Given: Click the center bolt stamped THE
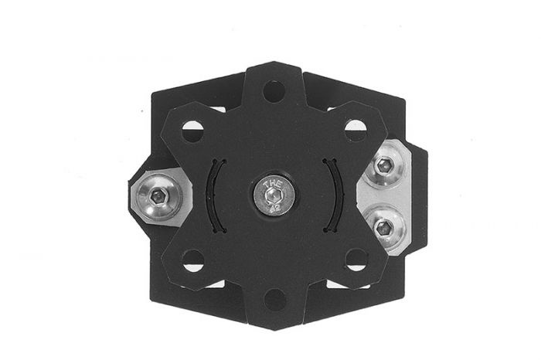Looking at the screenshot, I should [x=273, y=195].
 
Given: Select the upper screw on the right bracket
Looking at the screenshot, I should [x=385, y=165].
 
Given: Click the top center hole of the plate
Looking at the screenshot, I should [x=274, y=92].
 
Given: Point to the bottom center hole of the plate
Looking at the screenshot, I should [x=274, y=297].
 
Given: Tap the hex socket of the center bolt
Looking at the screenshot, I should [x=273, y=198].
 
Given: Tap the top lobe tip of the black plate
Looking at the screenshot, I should [x=274, y=68].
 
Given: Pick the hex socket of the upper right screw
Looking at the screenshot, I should [x=385, y=165].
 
